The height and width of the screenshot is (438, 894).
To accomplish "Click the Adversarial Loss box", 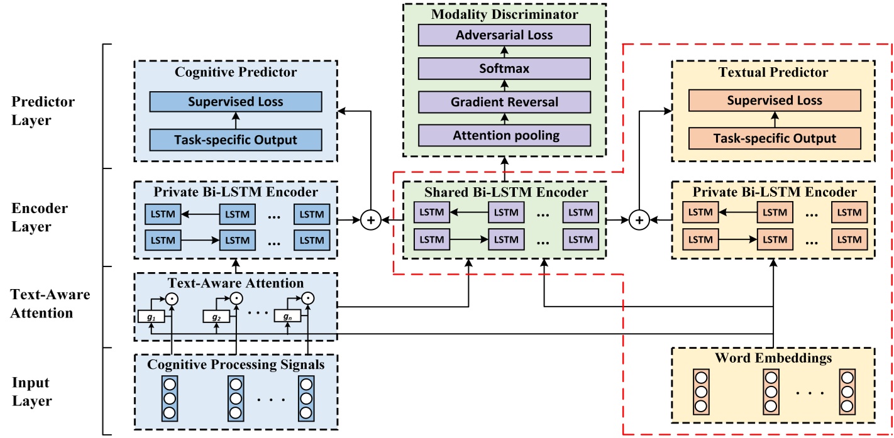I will [504, 35].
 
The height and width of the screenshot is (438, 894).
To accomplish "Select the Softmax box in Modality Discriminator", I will [504, 68].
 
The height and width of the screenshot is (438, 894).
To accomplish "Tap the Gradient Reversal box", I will [504, 102].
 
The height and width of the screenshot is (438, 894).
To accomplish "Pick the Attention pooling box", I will [504, 135].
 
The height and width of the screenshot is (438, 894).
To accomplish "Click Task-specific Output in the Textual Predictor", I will [775, 138].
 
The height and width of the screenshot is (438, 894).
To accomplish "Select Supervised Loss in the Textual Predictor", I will [775, 101].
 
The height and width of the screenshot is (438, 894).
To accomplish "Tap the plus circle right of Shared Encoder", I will [639, 221].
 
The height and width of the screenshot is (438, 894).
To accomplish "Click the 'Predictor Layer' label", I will [43, 111].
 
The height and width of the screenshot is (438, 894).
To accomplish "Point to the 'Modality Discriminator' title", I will [504, 14].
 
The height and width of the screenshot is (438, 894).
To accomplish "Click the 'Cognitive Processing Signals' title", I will [236, 364].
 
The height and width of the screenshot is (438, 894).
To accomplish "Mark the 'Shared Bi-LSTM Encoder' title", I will [504, 192].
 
